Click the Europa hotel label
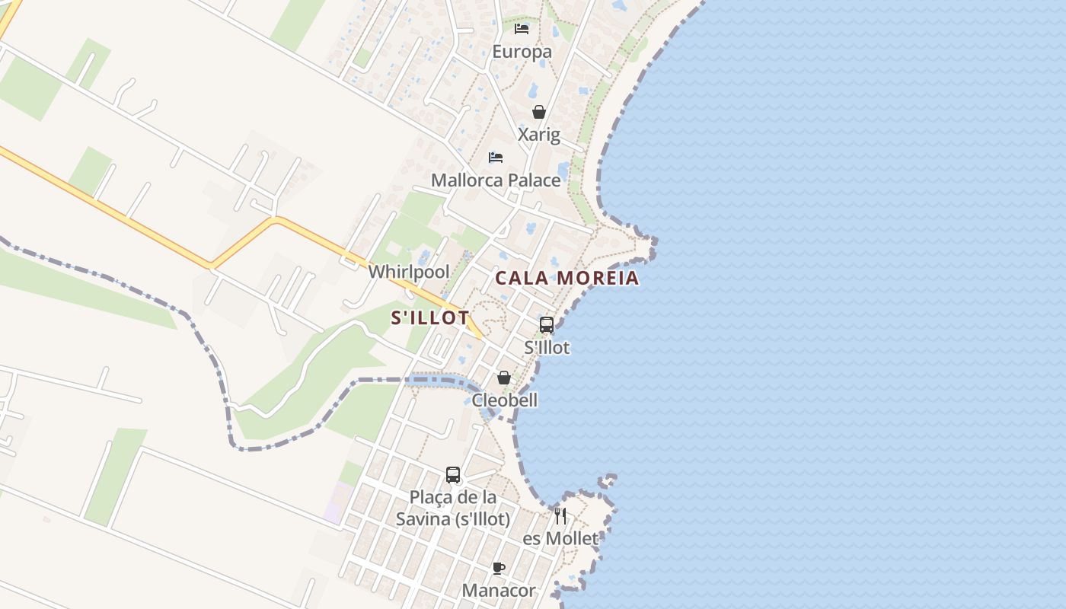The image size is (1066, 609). [522, 52]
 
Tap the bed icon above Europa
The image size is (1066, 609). [522, 29]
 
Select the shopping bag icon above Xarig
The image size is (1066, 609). [539, 112]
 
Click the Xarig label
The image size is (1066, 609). [539, 135]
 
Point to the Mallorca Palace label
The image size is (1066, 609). [496, 180]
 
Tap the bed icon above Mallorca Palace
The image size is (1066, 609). [496, 158]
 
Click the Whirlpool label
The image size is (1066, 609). [409, 272]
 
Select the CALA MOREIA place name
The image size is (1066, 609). [567, 278]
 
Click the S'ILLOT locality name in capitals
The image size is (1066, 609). [429, 318]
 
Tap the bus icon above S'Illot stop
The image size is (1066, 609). [547, 325]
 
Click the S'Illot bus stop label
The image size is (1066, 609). [547, 348]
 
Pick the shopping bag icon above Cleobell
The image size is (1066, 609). [503, 378]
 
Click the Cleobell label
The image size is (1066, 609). [505, 400]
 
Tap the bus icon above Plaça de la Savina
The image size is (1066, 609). [453, 475]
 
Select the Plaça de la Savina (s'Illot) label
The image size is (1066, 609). [453, 509]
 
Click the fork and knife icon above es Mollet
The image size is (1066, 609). [560, 516]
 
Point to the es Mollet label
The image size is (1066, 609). [560, 539]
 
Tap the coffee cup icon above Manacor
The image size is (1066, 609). [499, 568]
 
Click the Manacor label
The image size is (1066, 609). [499, 591]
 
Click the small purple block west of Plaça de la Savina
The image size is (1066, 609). [336, 502]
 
